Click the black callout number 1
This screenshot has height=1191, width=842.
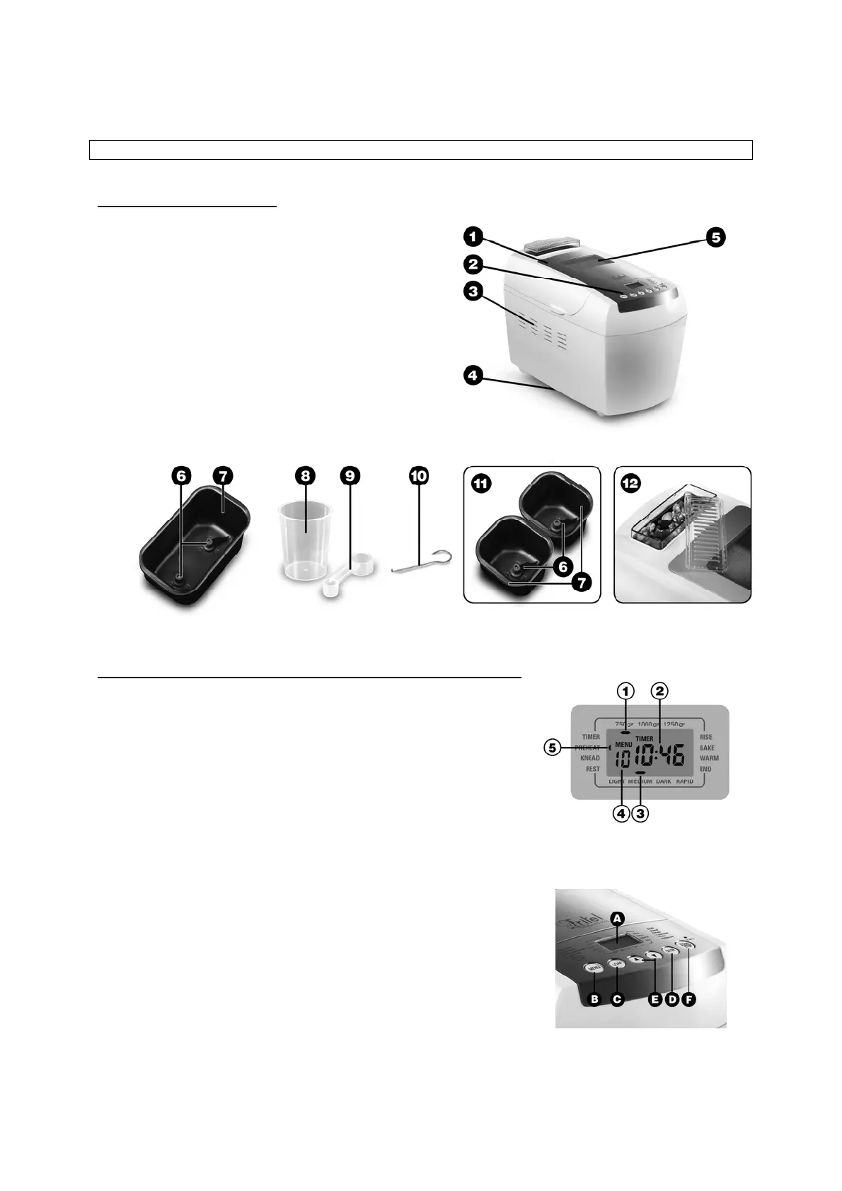(473, 235)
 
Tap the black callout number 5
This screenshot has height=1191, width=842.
(716, 238)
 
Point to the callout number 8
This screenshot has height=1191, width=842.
(305, 476)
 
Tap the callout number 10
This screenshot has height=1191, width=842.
(419, 476)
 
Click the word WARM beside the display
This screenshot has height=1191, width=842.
(709, 758)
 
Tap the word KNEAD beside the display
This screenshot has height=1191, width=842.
(589, 758)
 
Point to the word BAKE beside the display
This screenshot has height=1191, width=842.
(707, 748)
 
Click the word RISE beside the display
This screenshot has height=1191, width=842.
(706, 737)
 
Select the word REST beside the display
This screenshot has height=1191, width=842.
(592, 769)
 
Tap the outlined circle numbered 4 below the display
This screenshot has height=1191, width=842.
(621, 814)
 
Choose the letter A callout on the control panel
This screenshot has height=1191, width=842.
(618, 917)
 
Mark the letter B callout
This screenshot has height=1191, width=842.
(595, 999)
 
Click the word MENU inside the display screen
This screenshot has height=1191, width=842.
(623, 745)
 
